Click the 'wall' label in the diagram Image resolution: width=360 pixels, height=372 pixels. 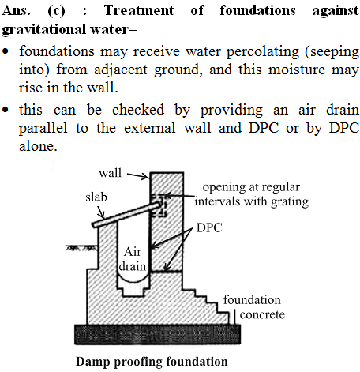coord(111,173)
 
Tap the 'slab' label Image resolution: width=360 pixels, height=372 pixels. coord(96,197)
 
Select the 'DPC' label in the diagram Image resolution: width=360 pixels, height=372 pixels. coord(209,227)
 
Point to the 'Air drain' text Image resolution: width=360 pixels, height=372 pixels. coord(133,259)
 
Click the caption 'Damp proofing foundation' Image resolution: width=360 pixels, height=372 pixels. coord(152,362)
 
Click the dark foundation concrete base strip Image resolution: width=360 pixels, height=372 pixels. coord(158,334)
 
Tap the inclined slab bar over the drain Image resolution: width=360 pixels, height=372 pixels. coord(126,213)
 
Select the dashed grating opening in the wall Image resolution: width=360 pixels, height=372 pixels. coord(159,205)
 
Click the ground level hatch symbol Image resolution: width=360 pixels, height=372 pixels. coord(81,248)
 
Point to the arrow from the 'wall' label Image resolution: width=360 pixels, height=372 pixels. coord(137,176)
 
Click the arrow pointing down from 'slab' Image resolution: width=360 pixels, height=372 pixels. coord(101,212)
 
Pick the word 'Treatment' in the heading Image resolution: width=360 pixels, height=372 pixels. coord(139,10)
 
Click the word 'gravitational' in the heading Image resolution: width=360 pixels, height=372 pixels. coord(44,29)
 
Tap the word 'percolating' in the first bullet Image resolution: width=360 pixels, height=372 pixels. coord(263,52)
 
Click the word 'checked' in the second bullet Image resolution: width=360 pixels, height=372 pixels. coord(138,110)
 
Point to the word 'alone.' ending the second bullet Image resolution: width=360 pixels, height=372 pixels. coord(38,146)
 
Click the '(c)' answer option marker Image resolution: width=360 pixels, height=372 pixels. coord(56,11)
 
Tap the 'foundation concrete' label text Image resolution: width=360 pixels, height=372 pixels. coord(254,307)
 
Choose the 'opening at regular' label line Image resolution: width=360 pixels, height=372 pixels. coord(251,187)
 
